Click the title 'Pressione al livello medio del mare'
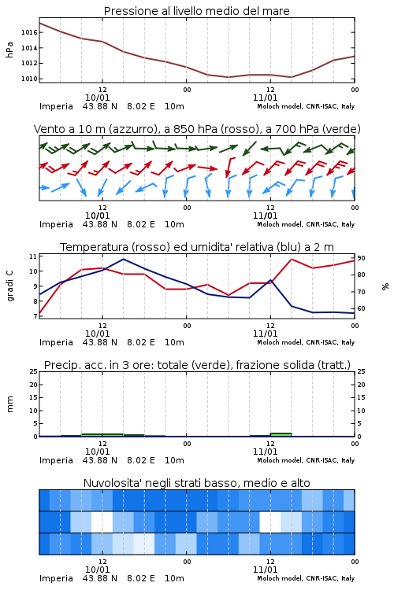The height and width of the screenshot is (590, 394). click(196, 11)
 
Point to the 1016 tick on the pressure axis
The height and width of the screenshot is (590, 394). click(29, 32)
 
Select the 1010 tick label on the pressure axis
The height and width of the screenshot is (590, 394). click(29, 79)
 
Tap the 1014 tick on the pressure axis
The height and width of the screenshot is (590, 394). click(29, 48)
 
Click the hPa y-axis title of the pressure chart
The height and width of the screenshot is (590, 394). click(9, 50)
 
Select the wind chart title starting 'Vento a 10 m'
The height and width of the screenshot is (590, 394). click(197, 129)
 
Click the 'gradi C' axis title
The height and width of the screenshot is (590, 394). click(10, 286)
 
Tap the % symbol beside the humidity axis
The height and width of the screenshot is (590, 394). click(385, 286)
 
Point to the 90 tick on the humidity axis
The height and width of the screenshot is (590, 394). click(361, 258)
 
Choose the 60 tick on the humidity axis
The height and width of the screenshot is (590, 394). click(361, 308)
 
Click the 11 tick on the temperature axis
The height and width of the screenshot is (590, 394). click(33, 256)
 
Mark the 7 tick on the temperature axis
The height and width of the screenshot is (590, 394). click(35, 316)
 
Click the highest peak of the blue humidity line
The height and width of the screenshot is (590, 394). click(124, 259)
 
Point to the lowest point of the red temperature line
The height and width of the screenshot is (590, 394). click(39, 313)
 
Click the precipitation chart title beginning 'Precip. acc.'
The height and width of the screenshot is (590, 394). click(197, 365)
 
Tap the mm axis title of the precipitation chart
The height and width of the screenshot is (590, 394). click(9, 404)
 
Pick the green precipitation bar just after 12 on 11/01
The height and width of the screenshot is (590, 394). click(281, 434)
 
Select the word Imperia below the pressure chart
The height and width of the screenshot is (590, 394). click(56, 106)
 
